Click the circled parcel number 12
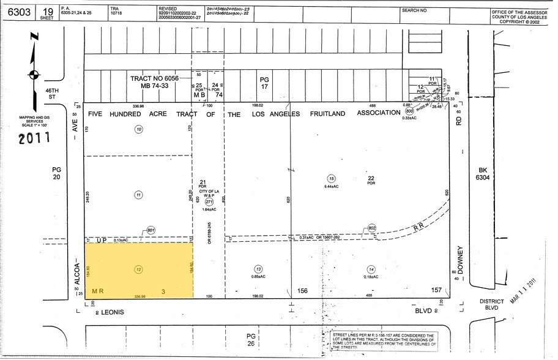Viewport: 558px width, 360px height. coord(138,269)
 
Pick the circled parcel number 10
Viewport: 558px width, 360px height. coord(139,129)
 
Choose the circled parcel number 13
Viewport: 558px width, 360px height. coord(259,269)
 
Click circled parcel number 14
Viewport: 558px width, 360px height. coord(371,269)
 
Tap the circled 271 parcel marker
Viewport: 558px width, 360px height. coord(208,201)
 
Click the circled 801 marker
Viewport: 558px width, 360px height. coord(151,231)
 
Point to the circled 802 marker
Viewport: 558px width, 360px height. coord(371,228)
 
